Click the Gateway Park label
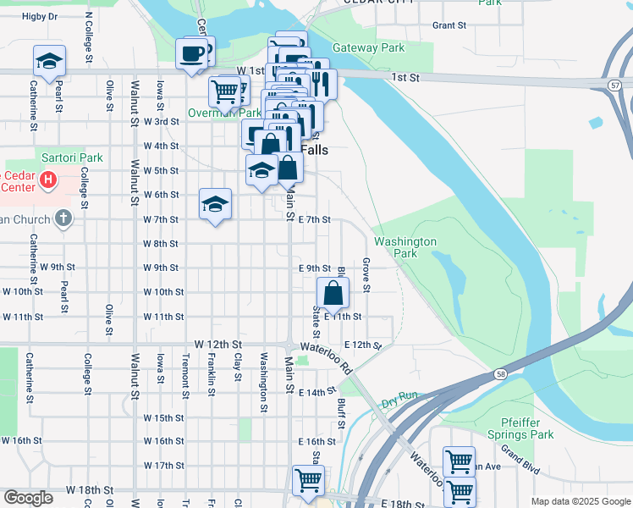click(368, 48)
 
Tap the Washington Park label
click(405, 247)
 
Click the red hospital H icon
click(49, 179)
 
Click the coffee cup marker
click(190, 54)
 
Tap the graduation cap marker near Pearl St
click(49, 61)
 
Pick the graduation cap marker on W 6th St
click(215, 203)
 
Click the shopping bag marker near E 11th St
click(333, 295)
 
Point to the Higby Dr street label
click(40, 16)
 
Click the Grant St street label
click(449, 25)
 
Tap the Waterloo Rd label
click(333, 357)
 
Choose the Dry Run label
click(399, 400)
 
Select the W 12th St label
click(218, 345)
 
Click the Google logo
click(28, 498)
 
